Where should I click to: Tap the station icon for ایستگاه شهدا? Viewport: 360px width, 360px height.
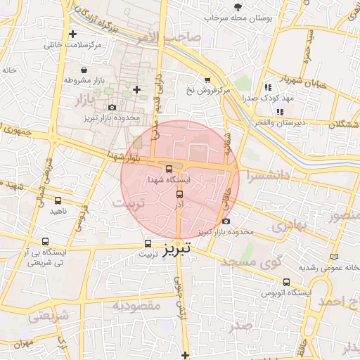coord(168,169)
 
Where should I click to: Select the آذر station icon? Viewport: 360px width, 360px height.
coord(179,194)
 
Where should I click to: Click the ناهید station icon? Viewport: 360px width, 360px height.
coord(58,200)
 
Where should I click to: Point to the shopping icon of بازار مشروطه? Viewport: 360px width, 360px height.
coord(84,70)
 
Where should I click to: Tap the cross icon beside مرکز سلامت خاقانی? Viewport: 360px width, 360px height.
coord(73,34)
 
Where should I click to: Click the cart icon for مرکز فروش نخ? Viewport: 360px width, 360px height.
coord(207,80)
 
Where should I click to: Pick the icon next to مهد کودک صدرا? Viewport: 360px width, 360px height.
coord(267,88)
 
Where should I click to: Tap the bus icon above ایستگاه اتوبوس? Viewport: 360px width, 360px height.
coord(285,282)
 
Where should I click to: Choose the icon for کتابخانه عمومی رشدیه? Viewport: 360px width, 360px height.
coord(334,257)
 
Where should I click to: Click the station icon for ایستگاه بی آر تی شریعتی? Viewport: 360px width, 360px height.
coord(46,241)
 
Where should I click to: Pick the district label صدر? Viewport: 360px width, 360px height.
coord(241,326)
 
